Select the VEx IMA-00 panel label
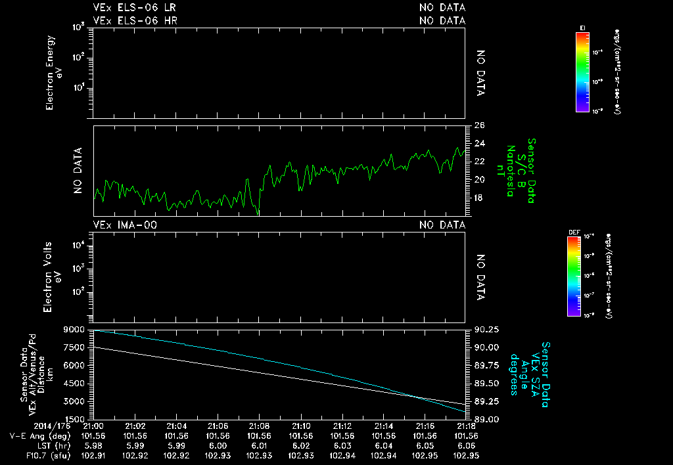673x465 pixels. (x=125, y=225)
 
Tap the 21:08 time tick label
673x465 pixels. (x=259, y=425)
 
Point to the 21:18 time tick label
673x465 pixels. (x=465, y=425)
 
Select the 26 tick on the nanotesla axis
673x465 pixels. (x=479, y=125)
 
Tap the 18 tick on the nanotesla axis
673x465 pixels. (x=478, y=197)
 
